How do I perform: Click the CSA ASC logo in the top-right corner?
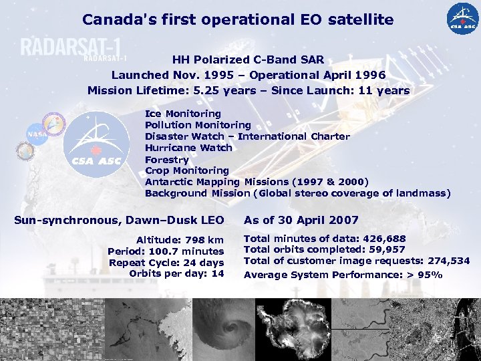pos(463,19)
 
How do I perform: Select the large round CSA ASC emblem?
pos(97,144)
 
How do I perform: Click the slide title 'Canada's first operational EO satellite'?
pos(238,19)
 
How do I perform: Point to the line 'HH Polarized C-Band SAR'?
pos(248,59)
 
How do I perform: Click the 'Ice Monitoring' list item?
pos(182,114)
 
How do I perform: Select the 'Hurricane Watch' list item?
pos(188,148)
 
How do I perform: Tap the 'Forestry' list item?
pos(166,159)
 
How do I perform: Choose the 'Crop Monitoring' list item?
pos(186,170)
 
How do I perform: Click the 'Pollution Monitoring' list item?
pos(198,125)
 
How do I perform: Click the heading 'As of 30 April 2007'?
pos(301,220)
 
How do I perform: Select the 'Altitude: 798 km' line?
pos(180,240)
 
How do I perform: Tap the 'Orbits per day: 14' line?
pos(176,273)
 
